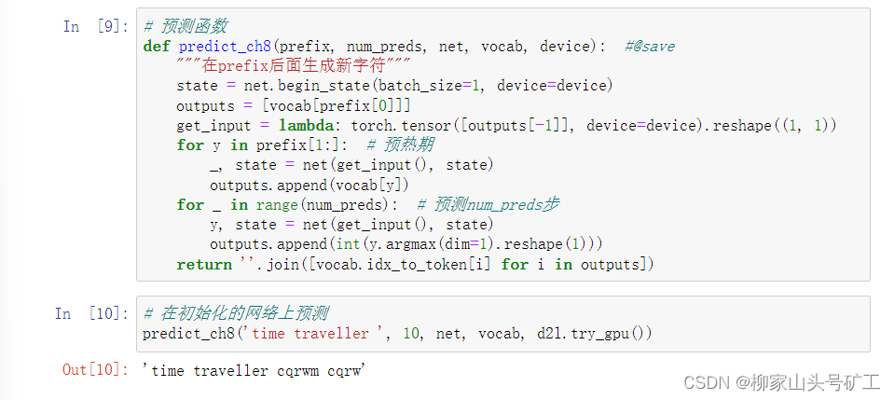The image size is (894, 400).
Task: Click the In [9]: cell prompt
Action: coord(91,26)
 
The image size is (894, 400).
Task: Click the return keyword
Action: coord(204,264)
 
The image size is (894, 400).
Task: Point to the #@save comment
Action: coord(650,47)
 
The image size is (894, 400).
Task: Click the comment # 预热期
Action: coord(401,145)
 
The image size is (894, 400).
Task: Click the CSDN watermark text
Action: coord(781,382)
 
